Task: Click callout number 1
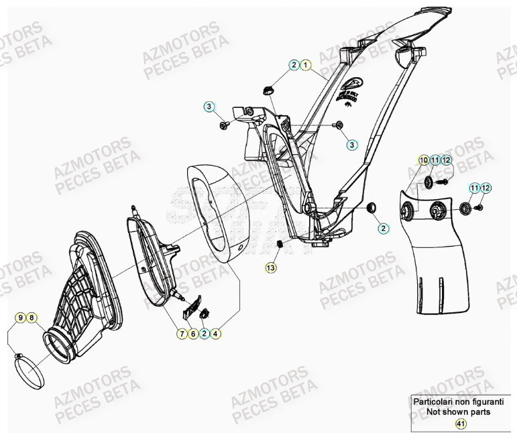[305, 65]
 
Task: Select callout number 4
[216, 332]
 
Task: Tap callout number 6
[192, 332]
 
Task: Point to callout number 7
[181, 332]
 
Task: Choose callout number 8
[32, 317]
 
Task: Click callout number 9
[20, 317]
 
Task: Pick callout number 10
[423, 160]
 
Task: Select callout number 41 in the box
[460, 424]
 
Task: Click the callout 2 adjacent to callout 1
[294, 65]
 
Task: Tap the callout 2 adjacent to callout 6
[204, 332]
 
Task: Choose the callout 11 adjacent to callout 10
[435, 160]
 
